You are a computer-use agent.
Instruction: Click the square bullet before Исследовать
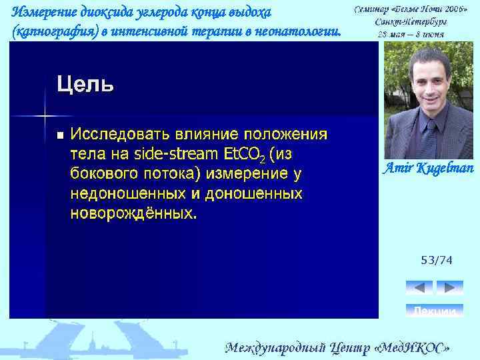coord(59,135)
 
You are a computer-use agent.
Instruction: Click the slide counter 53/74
coord(436,260)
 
